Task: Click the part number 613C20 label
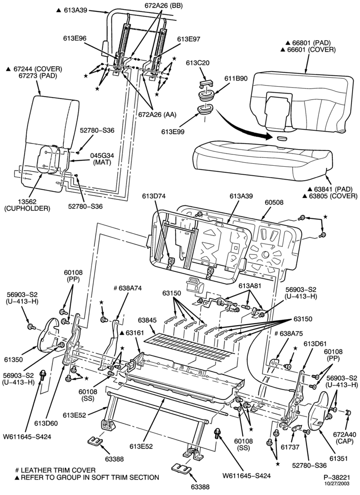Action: (198, 63)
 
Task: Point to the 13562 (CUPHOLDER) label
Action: (27, 205)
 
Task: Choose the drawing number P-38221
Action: (337, 477)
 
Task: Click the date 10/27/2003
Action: (337, 483)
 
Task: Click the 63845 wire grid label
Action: (147, 320)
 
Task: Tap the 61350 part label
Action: (13, 359)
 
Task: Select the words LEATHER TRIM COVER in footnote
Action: (58, 470)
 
